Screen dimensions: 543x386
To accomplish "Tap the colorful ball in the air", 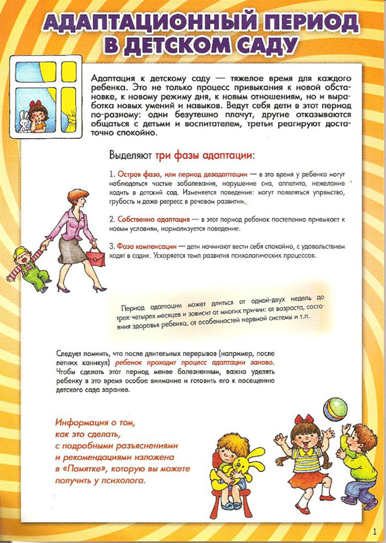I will click(x=334, y=408).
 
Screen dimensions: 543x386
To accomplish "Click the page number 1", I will click(x=375, y=530).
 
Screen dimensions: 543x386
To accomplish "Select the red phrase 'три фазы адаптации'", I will click(x=204, y=155).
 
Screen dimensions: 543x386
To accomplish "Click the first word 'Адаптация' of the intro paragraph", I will click(x=111, y=77).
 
